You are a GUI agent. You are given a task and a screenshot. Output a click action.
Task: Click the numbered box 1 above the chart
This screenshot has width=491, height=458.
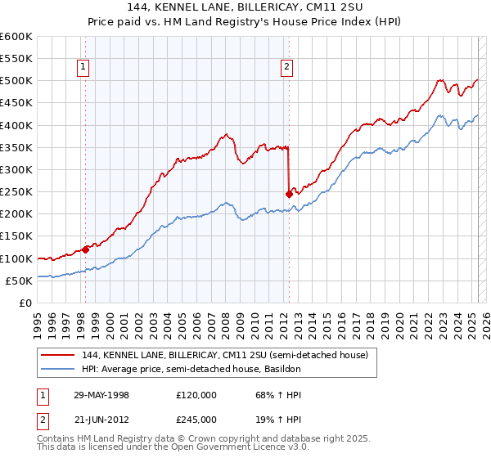pos(84,68)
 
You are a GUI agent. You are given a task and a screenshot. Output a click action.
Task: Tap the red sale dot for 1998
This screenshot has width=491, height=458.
pos(85,250)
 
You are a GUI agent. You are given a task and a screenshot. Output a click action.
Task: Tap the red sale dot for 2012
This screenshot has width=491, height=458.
pos(289,195)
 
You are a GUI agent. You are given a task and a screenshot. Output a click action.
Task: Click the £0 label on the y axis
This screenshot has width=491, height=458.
pos(25,303)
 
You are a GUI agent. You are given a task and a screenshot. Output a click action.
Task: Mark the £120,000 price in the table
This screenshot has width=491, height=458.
pos(197,394)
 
